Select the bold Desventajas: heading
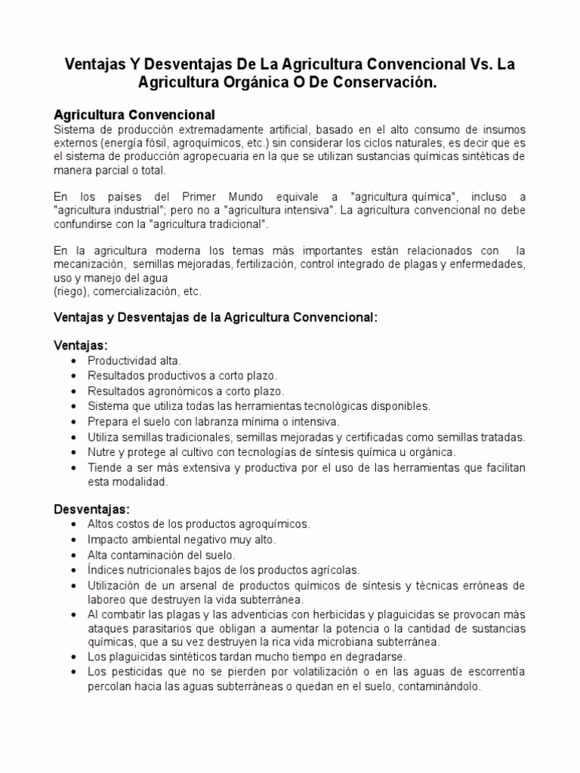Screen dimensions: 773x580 (92, 508)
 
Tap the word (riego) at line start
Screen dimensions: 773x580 (69, 291)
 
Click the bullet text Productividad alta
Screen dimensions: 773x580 (134, 361)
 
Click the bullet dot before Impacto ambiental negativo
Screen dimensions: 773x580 (72, 540)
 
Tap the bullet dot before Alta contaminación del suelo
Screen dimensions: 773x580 (72, 555)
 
